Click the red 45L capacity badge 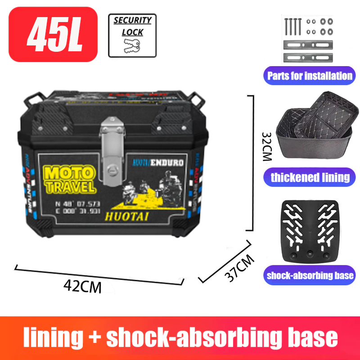(53, 34)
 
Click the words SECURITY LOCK (132, 26)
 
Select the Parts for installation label (309, 76)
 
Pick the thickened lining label (310, 177)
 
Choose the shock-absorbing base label (310, 275)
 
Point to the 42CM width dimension (82, 286)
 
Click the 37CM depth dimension (239, 268)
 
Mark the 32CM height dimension (266, 147)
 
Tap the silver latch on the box (112, 144)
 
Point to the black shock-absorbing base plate (310, 229)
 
